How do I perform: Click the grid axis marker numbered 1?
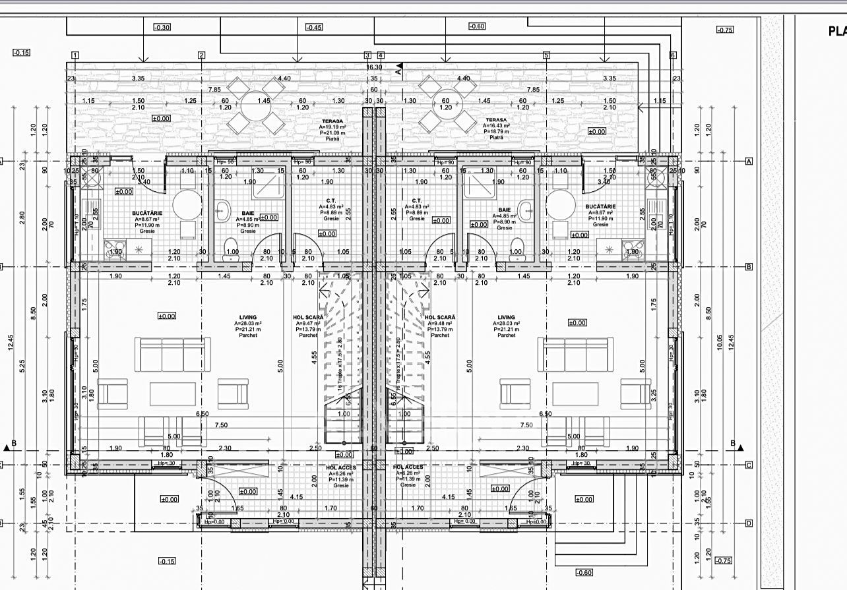coord(75,55)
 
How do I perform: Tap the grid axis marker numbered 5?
coord(546,55)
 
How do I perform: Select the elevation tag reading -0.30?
coord(162,28)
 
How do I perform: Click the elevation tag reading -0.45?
coord(314,28)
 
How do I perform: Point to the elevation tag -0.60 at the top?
coord(476,26)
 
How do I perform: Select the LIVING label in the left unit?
coord(248,317)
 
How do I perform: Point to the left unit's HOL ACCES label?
coord(341,467)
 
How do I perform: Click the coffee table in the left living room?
coord(172,394)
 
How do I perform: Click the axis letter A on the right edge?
coord(749,161)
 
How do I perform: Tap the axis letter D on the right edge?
coord(749,523)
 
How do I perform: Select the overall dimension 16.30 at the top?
coord(374,67)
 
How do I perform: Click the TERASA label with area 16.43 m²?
coord(496,121)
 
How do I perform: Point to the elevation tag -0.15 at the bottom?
coord(168,561)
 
